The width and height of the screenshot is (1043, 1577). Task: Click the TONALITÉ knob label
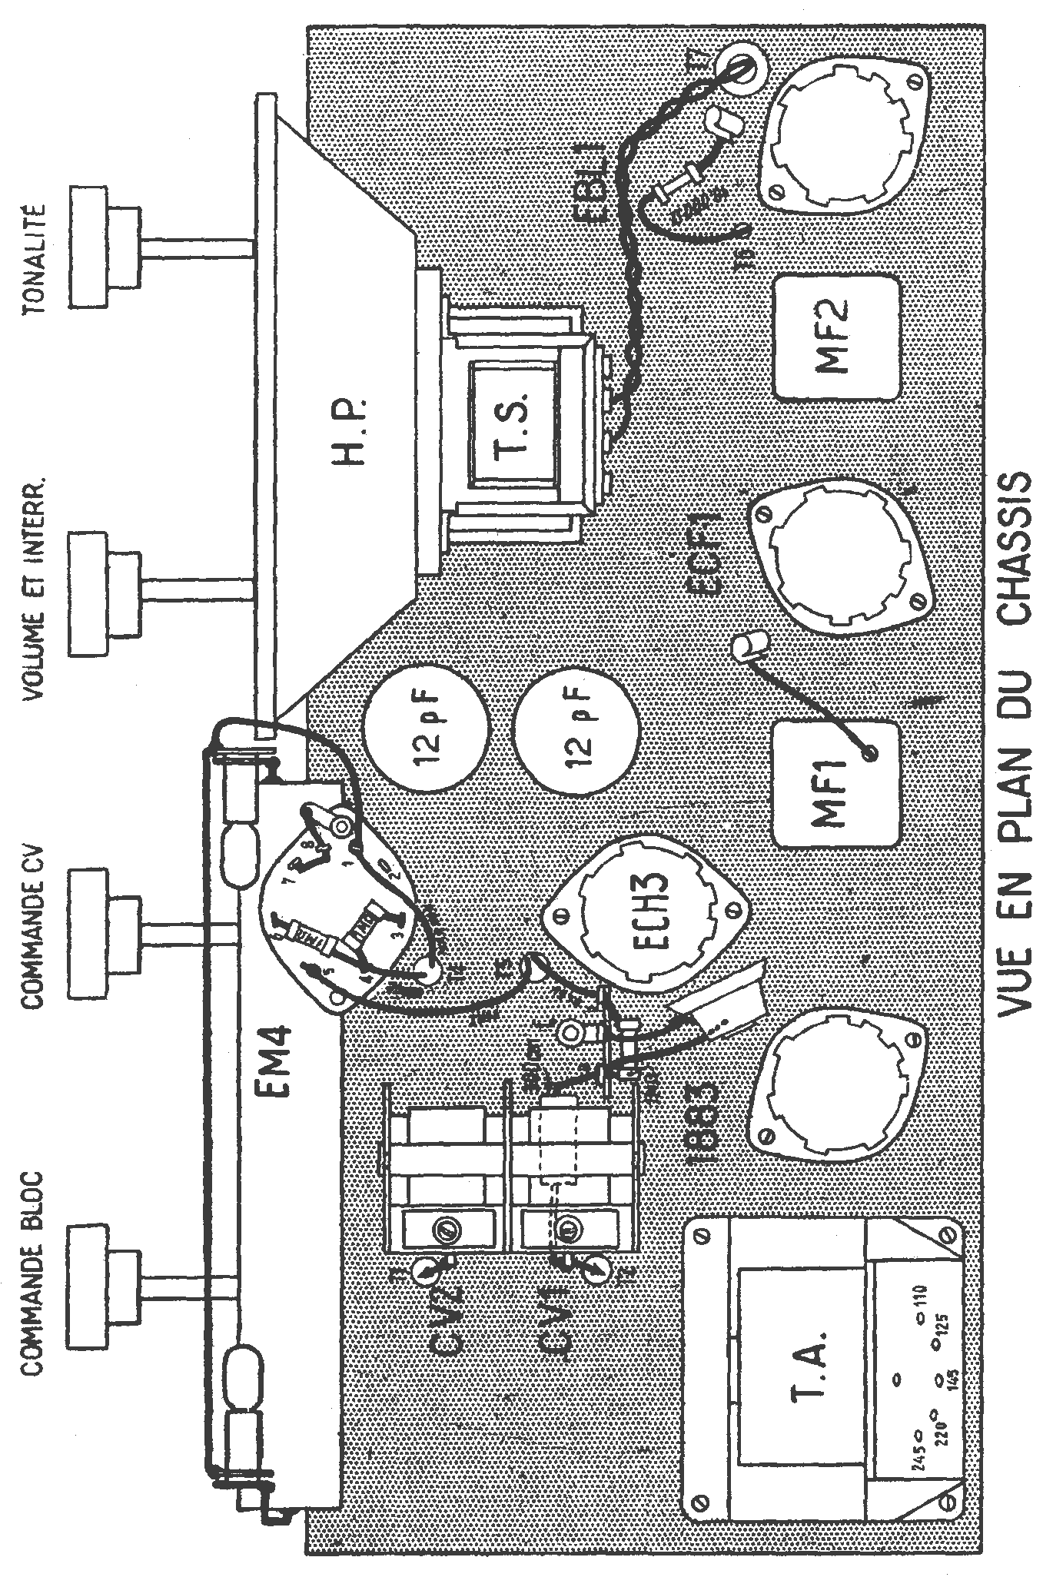35,260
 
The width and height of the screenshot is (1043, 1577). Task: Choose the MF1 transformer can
834,783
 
